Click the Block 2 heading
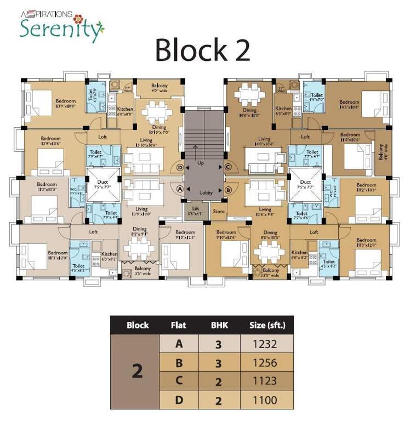tap(203, 50)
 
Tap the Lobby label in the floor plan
tap(206, 193)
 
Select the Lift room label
tap(193, 211)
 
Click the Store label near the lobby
tap(219, 211)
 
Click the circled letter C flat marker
tap(228, 167)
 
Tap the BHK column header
tap(219, 325)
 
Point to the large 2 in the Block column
tap(137, 372)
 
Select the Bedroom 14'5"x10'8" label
tap(349, 105)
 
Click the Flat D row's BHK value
tap(219, 400)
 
